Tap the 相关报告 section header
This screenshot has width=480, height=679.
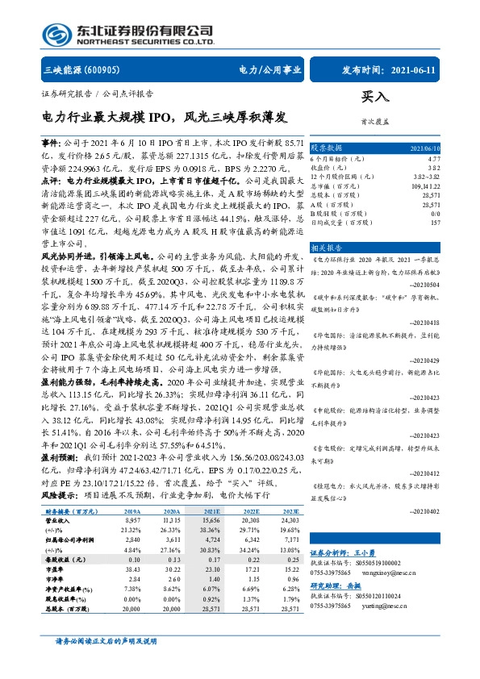pos(327,247)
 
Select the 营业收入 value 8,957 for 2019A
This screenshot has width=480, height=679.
pos(131,544)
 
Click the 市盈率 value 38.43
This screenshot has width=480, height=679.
pos(130,592)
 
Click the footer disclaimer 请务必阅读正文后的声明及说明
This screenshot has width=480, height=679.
pos(105,663)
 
